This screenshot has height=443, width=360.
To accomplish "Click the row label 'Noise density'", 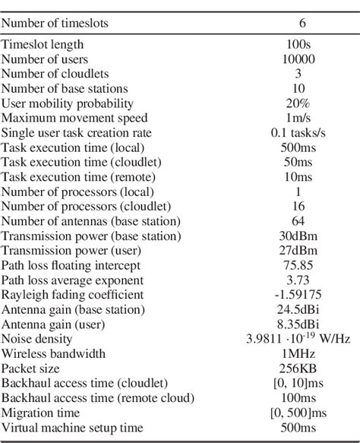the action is click(38, 339).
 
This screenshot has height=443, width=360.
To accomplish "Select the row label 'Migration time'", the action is click(42, 412).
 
